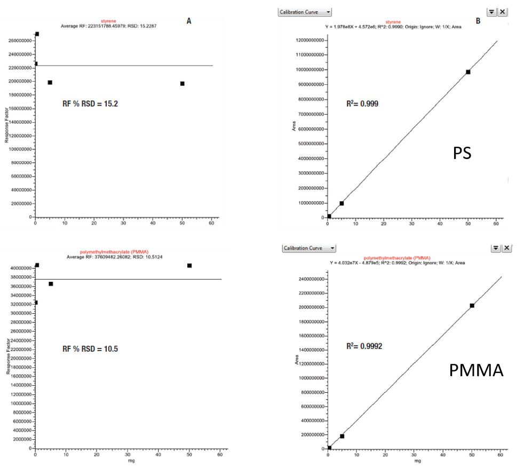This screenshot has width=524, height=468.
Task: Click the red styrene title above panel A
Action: [x=108, y=21]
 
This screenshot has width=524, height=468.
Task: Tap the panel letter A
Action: [x=189, y=21]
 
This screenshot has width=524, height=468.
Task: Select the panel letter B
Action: [x=478, y=21]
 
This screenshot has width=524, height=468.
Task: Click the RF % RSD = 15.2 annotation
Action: [x=90, y=104]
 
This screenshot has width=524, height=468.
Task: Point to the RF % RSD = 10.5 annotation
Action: [x=90, y=349]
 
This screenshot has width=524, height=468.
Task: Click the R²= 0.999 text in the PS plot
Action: [x=362, y=104]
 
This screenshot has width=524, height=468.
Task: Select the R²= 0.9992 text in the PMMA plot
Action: [x=364, y=346]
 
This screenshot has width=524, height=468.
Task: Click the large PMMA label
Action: [x=476, y=369]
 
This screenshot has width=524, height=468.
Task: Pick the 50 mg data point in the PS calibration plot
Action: [x=468, y=72]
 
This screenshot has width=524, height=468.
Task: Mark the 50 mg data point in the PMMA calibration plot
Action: [x=472, y=306]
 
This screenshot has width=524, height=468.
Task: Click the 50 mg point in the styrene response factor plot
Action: [x=182, y=84]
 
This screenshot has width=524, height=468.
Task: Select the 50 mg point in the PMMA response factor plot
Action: [x=189, y=266]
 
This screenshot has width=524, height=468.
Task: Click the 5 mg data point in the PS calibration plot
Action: [x=342, y=203]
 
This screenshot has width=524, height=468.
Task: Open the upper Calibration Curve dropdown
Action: [x=305, y=11]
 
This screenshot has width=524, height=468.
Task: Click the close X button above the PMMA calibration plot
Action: [x=506, y=248]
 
